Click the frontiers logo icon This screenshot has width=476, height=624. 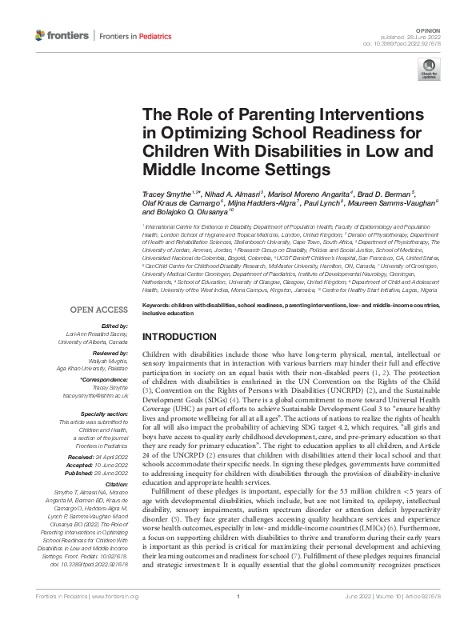(41, 35)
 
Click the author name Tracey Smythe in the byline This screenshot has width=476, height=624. (168, 193)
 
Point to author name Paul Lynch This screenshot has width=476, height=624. (326, 202)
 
